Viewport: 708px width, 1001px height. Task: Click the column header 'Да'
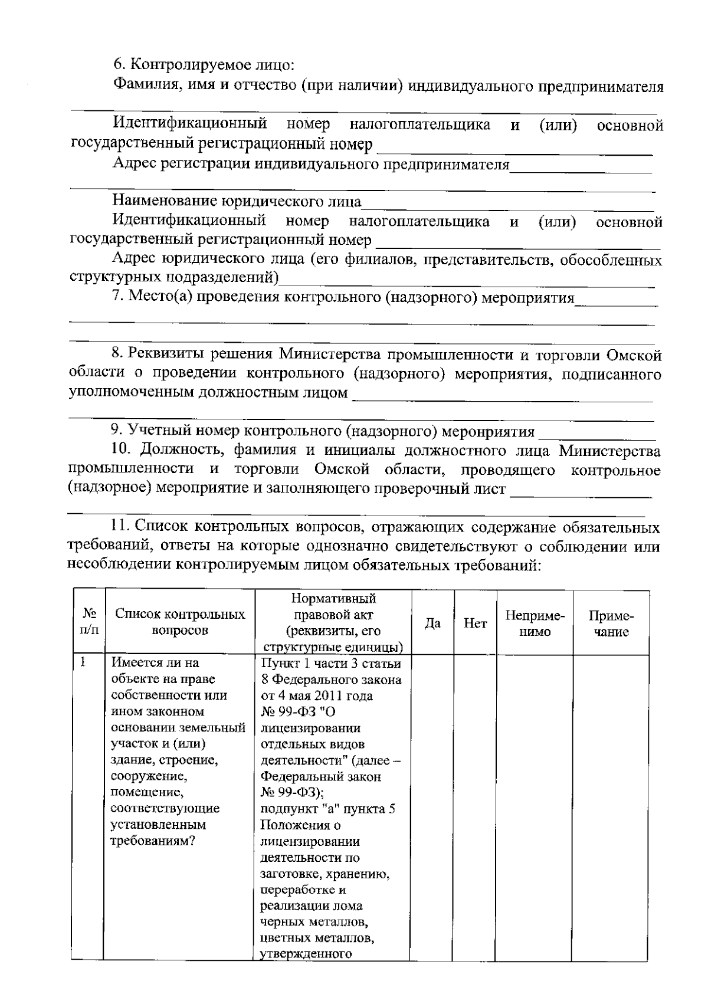432,623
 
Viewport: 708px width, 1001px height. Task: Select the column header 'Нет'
476,623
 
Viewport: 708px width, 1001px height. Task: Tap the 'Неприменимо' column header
535,623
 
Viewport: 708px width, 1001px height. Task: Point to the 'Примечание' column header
611,623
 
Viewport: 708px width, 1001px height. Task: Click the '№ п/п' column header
89,622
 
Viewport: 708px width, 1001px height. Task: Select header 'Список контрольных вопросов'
180,622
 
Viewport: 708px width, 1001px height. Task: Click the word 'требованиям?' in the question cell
153,841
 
